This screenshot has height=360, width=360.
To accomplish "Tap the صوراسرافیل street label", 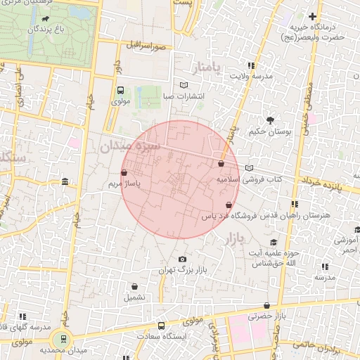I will pyautogui.click(x=146, y=45).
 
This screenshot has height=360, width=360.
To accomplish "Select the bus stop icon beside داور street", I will pyautogui.click(x=120, y=91).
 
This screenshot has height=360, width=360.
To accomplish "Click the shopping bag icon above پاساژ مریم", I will pyautogui.click(x=124, y=172).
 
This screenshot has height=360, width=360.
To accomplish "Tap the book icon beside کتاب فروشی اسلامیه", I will pyautogui.click(x=250, y=168).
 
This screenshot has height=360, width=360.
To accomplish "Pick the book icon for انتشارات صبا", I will pyautogui.click(x=184, y=85).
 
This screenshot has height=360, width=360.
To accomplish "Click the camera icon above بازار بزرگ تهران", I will pyautogui.click(x=184, y=259).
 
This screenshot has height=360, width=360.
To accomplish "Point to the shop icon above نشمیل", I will pyautogui.click(x=134, y=286).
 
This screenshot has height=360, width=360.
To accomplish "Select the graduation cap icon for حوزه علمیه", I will pyautogui.click(x=273, y=243).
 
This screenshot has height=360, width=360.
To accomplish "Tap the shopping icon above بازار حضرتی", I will pyautogui.click(x=266, y=306).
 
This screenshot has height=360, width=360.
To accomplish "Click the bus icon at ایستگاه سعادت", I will pyautogui.click(x=161, y=326).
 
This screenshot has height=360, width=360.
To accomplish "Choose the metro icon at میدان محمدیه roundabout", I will pyautogui.click(x=64, y=338).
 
